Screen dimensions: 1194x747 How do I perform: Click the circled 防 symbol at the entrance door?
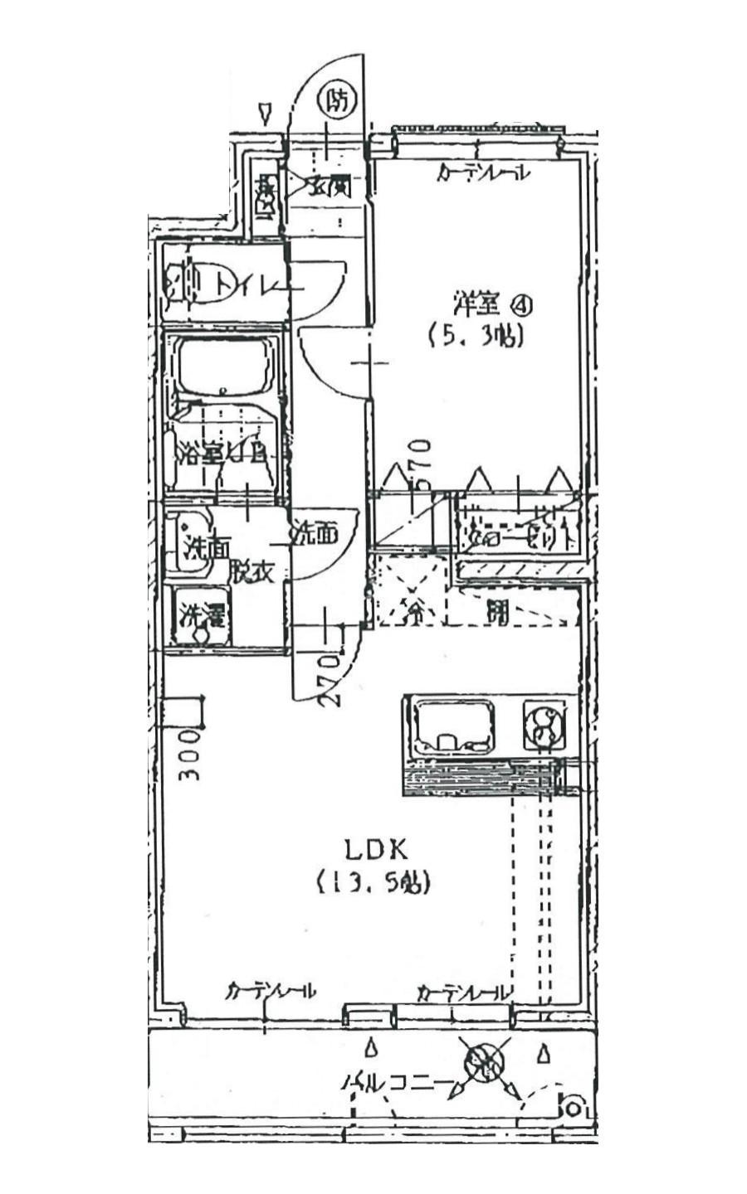336,102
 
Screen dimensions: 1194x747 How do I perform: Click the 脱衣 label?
252,571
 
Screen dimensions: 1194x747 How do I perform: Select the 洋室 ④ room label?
491,303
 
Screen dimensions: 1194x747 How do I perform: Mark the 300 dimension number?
190,754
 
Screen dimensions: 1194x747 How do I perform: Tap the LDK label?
375,850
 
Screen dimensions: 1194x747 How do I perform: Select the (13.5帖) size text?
373,883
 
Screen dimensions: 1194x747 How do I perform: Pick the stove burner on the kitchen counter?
544,726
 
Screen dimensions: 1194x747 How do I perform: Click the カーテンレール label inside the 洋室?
485,174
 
